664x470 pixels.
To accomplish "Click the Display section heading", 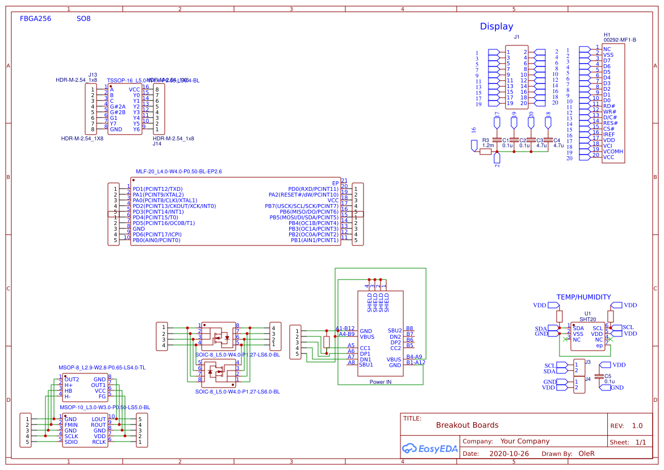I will click(496, 26).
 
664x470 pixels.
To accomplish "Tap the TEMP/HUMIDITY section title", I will click(583, 297).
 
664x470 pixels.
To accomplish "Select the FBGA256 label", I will click(35, 19).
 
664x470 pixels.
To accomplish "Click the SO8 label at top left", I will click(83, 19).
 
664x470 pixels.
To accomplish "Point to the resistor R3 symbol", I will click(486, 152).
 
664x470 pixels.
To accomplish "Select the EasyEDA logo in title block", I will click(429, 448).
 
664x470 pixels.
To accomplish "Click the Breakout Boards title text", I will click(467, 425).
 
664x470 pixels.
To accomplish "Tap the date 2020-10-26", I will click(509, 454).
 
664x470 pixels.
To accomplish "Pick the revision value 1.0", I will click(637, 426).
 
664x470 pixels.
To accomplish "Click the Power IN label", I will click(381, 382).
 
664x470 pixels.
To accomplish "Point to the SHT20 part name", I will click(587, 319).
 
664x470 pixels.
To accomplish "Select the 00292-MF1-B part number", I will click(619, 40).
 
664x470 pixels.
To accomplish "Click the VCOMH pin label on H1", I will click(613, 151).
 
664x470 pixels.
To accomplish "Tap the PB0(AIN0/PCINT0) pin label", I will click(156, 240).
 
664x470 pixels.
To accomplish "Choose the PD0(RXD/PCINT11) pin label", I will click(313, 189).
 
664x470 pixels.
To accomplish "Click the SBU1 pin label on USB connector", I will click(366, 365).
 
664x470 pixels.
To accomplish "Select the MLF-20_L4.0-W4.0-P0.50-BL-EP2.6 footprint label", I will click(178, 171).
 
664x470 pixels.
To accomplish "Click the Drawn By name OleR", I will click(586, 454).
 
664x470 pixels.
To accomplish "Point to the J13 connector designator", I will click(93, 74).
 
